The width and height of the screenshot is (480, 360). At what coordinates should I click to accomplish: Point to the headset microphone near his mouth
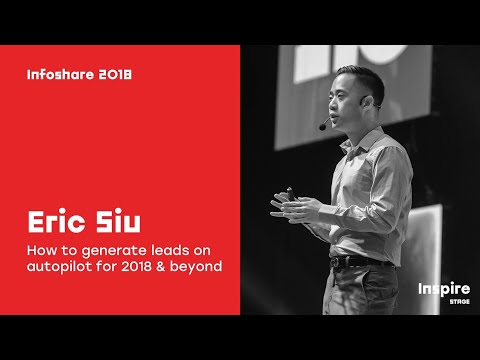(323, 126)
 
